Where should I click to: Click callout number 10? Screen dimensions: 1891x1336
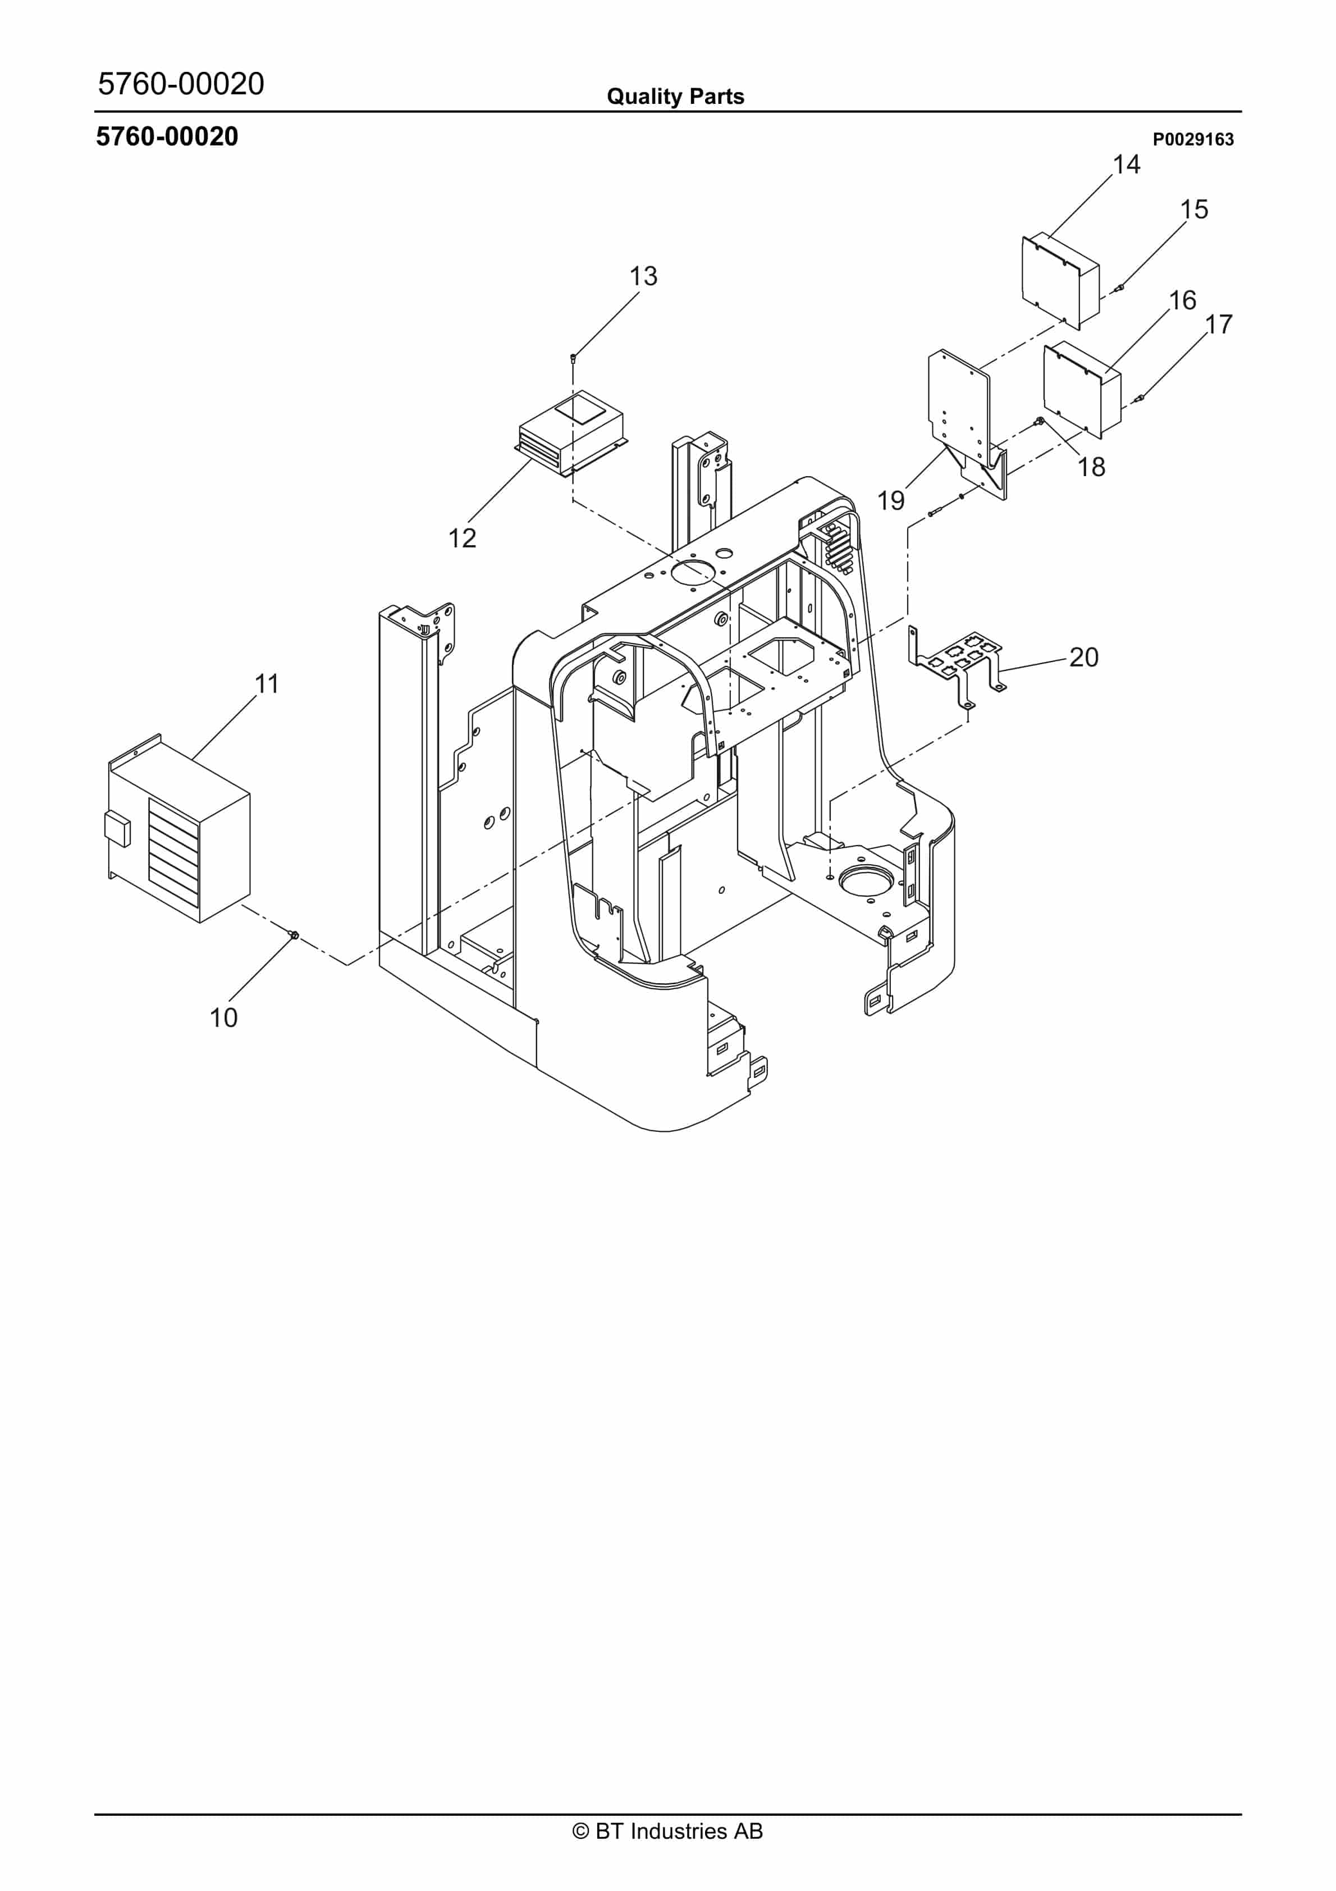223,1018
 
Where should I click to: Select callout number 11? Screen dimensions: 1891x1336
266,684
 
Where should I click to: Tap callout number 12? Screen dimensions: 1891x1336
462,538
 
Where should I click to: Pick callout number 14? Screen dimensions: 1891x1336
1126,165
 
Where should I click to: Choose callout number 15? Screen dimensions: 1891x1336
1193,210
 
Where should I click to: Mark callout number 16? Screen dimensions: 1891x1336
1182,300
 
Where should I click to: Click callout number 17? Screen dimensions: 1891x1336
1218,325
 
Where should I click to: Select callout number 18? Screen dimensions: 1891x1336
1091,468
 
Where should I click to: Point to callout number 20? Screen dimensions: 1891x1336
1083,657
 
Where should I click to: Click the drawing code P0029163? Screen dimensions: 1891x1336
1192,140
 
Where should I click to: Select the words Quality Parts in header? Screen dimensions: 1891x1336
675,97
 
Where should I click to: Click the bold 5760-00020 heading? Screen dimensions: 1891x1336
167,137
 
